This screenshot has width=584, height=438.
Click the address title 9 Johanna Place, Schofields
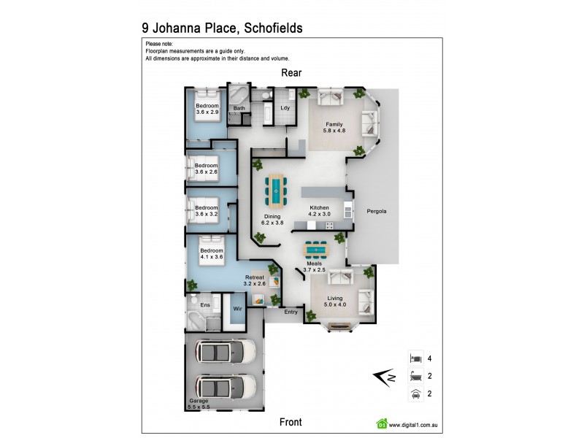click(222, 28)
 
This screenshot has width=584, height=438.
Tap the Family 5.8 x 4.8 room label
click(334, 128)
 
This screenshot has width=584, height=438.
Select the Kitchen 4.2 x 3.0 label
click(318, 212)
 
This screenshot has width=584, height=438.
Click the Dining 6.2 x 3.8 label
click(273, 220)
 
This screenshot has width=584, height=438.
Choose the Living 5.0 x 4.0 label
click(335, 301)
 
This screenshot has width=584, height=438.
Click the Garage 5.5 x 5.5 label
click(198, 403)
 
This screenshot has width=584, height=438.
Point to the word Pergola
click(377, 212)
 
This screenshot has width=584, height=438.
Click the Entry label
click(291, 312)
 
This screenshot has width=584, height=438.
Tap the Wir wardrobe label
click(237, 310)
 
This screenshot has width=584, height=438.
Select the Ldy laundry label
click(285, 109)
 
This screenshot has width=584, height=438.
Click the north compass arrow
click(384, 377)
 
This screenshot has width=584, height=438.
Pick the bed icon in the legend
click(415, 358)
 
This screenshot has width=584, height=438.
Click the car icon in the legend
click(415, 395)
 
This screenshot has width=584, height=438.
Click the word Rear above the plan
click(291, 73)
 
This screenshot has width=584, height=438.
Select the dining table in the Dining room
click(277, 190)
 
